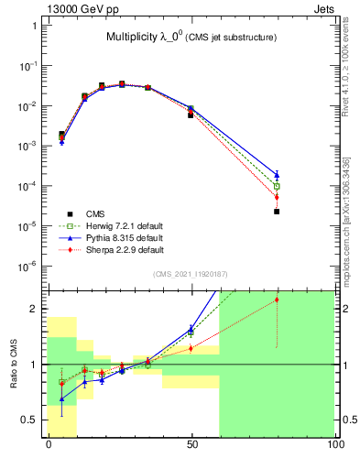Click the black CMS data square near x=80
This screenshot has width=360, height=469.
point(277,212)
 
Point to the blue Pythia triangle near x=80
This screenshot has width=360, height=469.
point(277,174)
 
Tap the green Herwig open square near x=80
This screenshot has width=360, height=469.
point(277,186)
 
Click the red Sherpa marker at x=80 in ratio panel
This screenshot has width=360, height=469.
point(277,300)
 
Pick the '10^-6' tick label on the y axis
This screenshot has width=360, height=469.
point(29,267)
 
